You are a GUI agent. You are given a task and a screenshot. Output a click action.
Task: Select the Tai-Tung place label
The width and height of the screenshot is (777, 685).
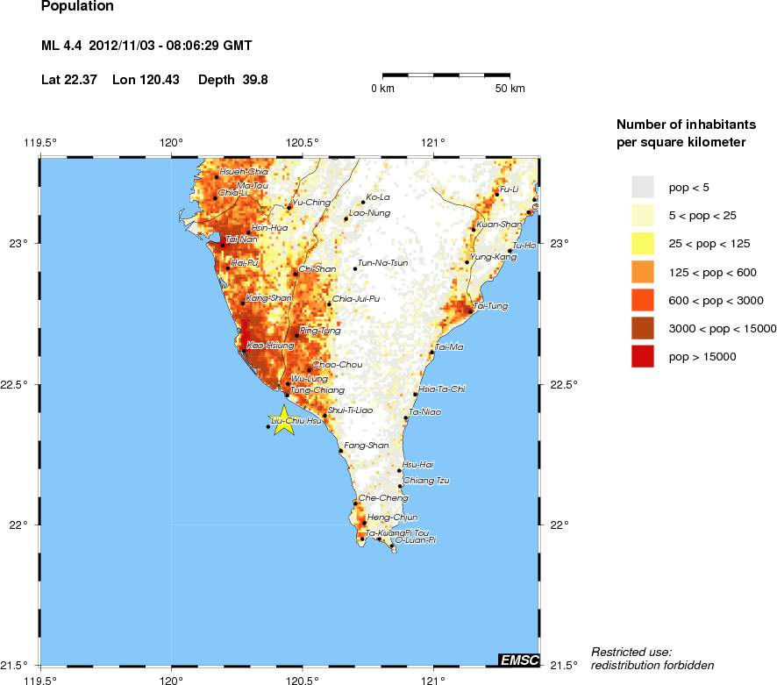click(x=491, y=306)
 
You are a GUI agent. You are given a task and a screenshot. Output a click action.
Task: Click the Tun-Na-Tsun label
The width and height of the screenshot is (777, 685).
click(x=383, y=262)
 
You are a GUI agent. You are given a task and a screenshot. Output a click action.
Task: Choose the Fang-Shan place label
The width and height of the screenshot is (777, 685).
click(x=367, y=446)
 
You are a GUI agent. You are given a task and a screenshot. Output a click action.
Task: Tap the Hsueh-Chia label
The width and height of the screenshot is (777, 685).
click(x=244, y=172)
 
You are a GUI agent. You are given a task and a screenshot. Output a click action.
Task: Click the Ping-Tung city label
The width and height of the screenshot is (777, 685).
click(x=320, y=331)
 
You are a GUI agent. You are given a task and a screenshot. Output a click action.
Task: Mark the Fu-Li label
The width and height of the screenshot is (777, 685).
click(x=510, y=189)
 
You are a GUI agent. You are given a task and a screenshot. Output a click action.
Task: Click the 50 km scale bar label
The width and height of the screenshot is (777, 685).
click(x=510, y=89)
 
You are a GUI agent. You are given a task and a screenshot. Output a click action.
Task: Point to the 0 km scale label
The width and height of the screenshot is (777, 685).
click(x=382, y=89)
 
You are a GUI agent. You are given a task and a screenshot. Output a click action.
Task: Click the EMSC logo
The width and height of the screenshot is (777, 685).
click(x=518, y=660)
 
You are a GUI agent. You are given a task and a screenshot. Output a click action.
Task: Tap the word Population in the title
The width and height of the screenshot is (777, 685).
click(x=77, y=7)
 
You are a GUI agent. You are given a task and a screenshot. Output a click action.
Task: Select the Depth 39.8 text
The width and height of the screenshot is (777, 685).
click(x=233, y=80)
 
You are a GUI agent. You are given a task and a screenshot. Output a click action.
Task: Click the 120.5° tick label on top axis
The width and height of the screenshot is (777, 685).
click(x=303, y=143)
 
